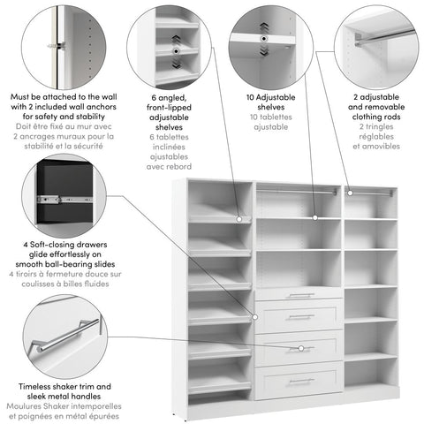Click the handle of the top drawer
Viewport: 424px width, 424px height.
point(300,295)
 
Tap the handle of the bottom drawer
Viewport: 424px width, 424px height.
point(300,381)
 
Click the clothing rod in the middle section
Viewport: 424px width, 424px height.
point(299,192)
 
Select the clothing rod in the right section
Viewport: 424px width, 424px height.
point(369,192)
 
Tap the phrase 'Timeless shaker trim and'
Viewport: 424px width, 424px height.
point(66,387)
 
